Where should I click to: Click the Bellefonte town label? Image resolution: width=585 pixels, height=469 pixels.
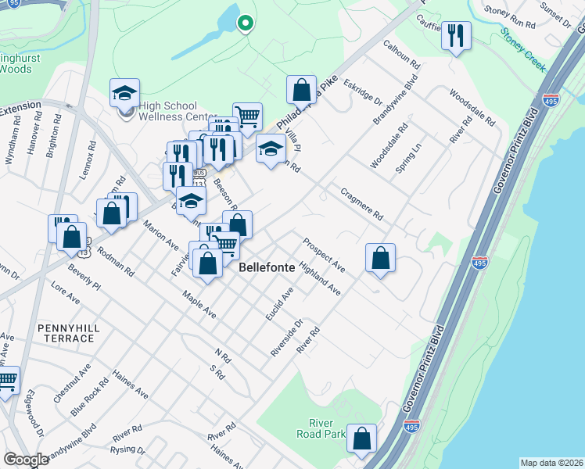267,267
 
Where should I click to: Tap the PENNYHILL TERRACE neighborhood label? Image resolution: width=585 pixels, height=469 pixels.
64,331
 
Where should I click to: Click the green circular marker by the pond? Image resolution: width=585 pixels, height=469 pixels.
245,24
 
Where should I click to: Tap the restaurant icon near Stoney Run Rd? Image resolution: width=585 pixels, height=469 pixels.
456,36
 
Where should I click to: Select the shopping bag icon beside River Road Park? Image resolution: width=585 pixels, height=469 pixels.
362,439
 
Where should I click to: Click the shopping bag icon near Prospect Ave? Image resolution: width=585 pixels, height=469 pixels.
380,257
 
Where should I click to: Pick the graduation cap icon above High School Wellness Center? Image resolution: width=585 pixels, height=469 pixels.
124,93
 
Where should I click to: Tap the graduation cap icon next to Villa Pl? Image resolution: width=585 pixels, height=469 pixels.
271,148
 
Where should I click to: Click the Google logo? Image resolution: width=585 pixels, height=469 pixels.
26,460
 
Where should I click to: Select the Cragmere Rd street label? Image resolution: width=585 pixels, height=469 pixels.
361,204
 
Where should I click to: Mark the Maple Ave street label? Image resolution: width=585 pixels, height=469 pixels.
199,305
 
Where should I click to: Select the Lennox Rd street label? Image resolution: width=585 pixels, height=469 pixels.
86,160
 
